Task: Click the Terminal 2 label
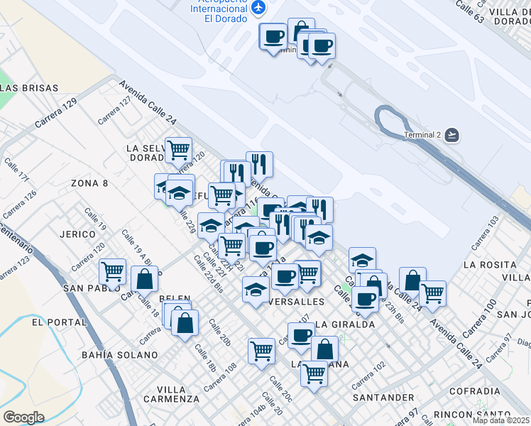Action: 422,135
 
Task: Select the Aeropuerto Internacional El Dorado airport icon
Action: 258,7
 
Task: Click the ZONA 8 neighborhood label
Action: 89,183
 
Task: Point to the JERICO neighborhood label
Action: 79,234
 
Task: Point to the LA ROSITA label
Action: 488,264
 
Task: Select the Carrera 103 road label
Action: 483,234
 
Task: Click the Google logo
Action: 23,417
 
